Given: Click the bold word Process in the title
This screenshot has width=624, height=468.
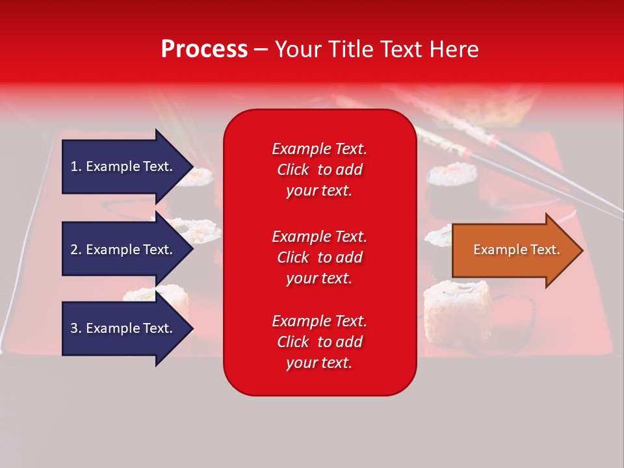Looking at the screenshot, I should click(204, 49).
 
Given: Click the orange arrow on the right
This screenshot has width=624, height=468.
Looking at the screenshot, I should click(513, 250).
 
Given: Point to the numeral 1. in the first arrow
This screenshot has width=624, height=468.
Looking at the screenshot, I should click(76, 166).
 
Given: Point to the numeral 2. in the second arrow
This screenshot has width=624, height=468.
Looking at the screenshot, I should click(76, 250).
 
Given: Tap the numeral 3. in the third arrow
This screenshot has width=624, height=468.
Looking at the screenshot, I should click(76, 328).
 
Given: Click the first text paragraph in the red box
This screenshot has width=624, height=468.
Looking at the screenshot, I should click(319, 170).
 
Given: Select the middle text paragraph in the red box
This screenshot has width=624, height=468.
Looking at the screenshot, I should click(319, 257).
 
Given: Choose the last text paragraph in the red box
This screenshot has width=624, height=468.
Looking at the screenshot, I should click(319, 342).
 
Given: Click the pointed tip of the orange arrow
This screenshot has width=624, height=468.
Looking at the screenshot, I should click(580, 250).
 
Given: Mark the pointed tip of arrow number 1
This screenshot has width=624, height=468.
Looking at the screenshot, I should click(191, 166).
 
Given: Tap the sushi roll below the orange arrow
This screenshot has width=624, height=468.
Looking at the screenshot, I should click(456, 305).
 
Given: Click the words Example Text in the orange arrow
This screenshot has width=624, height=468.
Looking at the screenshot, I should click(516, 250).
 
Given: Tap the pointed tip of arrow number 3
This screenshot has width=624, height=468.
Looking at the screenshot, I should click(191, 328).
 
